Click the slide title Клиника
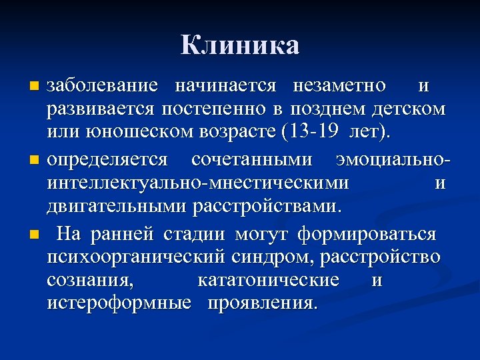point(240,46)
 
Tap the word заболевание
point(103,86)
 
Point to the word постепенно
point(212,109)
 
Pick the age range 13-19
point(314,131)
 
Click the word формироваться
point(367,235)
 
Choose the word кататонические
point(268,280)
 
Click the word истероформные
point(111,303)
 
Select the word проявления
point(263,303)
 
